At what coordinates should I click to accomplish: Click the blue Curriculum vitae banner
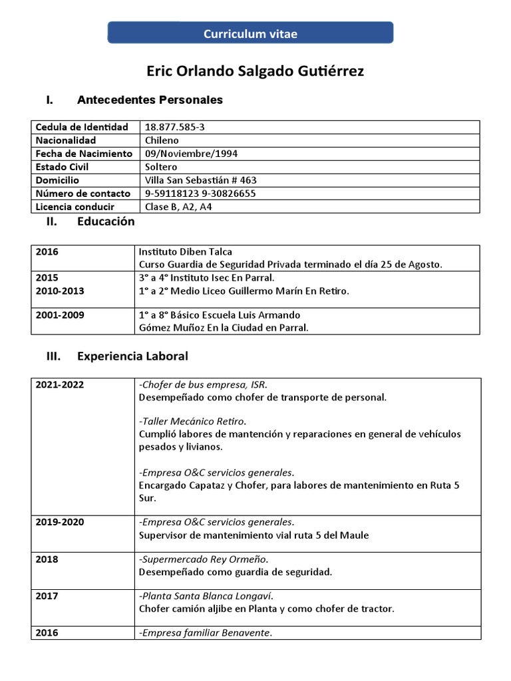[250, 33]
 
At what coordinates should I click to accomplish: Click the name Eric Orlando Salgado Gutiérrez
[255, 71]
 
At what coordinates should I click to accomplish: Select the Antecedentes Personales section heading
[150, 100]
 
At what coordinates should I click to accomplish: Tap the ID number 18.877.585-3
[170, 127]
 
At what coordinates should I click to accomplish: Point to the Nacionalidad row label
[66, 140]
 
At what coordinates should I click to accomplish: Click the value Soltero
[161, 167]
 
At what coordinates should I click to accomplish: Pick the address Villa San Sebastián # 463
[200, 180]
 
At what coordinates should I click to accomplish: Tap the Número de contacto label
[83, 194]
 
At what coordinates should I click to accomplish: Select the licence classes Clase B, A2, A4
[178, 207]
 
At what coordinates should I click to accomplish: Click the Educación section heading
[106, 222]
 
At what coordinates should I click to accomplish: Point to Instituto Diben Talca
[186, 252]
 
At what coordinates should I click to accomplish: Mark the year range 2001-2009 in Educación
[60, 315]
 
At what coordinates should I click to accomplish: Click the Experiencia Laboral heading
[132, 356]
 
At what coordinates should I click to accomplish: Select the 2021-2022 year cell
[60, 385]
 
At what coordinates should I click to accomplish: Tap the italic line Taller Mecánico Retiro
[192, 422]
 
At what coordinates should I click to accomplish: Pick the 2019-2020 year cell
[60, 522]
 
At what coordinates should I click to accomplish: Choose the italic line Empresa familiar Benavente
[206, 632]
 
